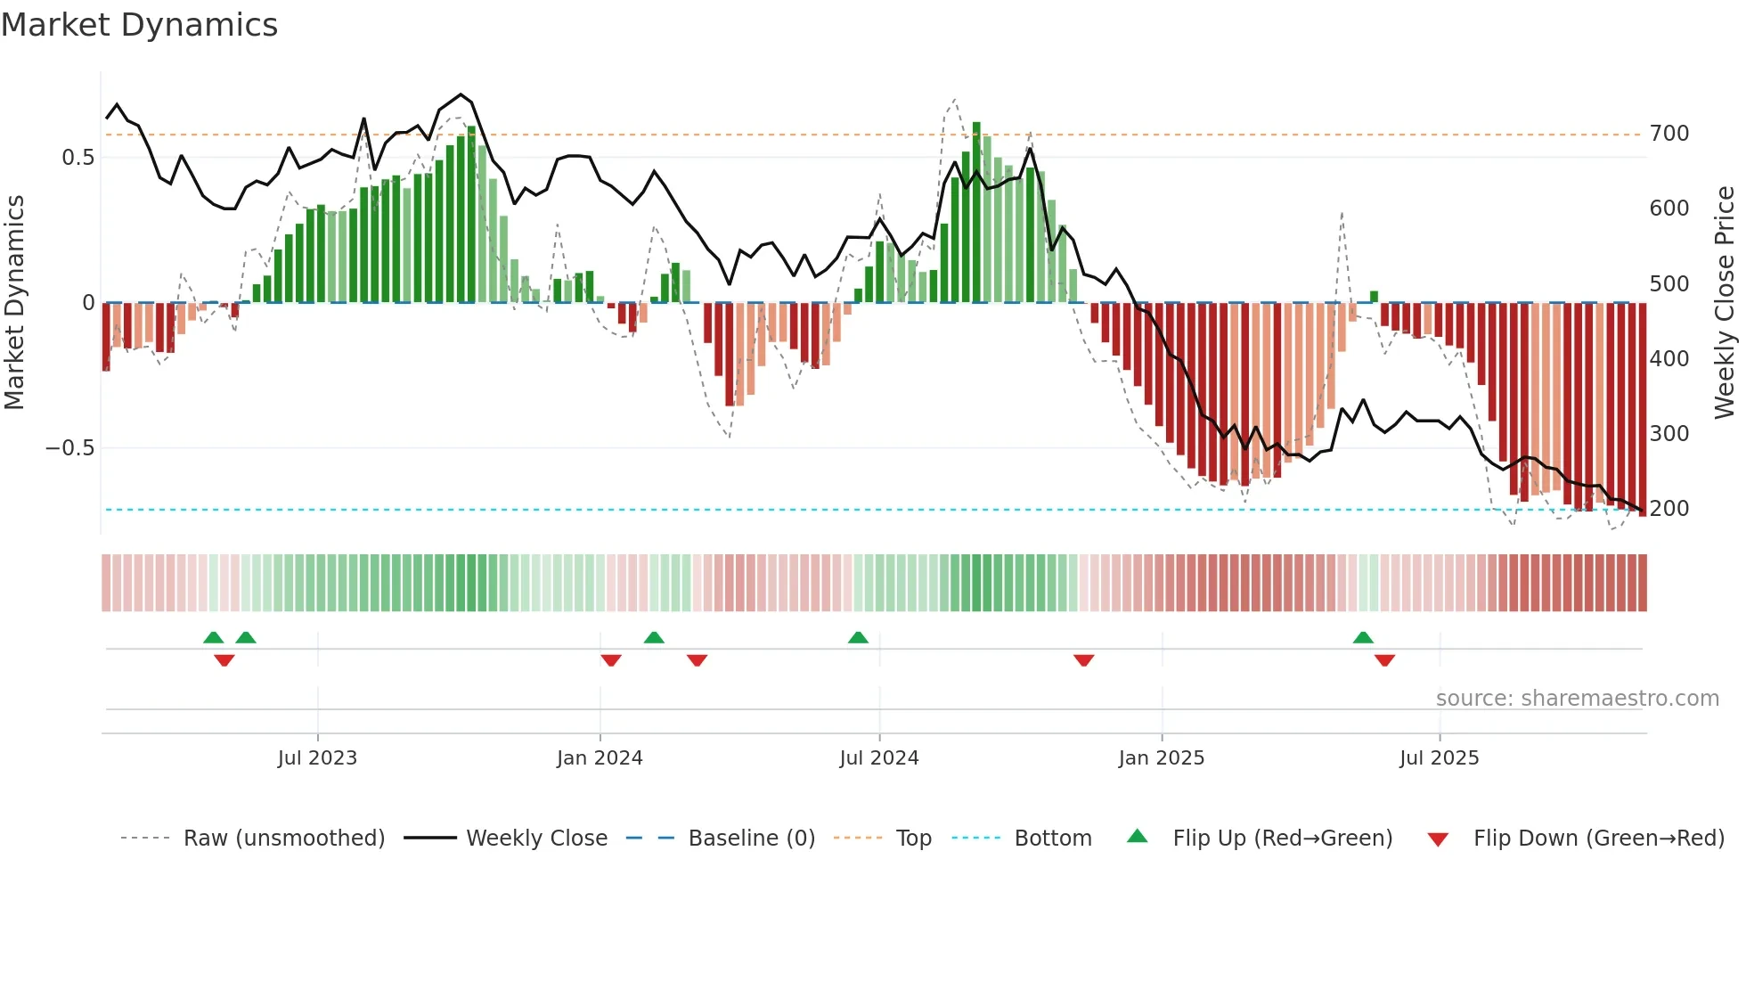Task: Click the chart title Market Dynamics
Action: pos(139,25)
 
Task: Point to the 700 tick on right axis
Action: pos(1668,134)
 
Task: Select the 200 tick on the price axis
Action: pos(1668,509)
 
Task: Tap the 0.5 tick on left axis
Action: pos(78,158)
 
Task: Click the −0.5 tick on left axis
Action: pos(70,448)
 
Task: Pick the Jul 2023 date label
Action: pos(317,758)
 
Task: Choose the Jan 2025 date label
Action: pos(1161,758)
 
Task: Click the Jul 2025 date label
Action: pos(1439,758)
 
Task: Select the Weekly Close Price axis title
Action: pos(1725,302)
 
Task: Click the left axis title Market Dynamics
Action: pos(14,302)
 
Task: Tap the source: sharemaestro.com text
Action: pos(1577,699)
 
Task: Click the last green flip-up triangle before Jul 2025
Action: pos(1363,638)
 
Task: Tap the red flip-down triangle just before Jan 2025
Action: pos(1083,660)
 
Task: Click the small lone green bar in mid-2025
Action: pos(1374,297)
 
